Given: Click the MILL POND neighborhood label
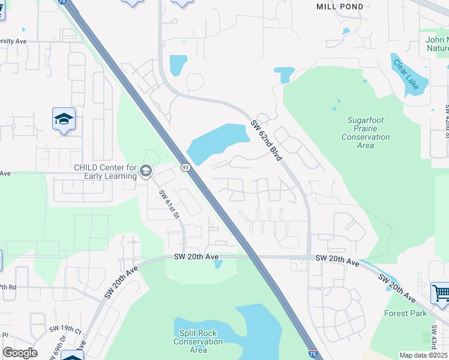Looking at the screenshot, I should [339, 7].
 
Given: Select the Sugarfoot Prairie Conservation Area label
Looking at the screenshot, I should [365, 128].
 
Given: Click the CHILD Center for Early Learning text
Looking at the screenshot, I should [105, 172].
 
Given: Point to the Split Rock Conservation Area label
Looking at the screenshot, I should [198, 341].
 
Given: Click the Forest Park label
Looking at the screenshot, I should [405, 313].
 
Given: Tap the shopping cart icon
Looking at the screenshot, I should [441, 293].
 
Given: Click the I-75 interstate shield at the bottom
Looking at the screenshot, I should [313, 354].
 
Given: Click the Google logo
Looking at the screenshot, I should [20, 353].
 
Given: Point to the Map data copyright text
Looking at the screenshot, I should [424, 355].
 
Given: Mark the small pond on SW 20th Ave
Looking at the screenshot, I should [218, 264].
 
